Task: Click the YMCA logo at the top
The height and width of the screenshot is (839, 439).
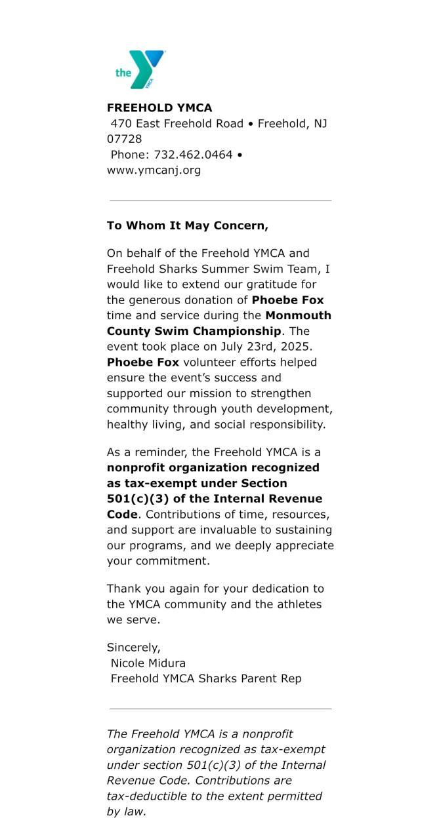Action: click(x=140, y=69)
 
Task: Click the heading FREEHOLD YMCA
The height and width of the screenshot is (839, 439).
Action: click(x=159, y=108)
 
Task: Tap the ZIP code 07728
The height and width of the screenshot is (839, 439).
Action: click(x=125, y=139)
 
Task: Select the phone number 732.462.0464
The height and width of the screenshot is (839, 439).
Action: click(x=193, y=155)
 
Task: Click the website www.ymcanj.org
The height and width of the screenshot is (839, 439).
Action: click(x=154, y=170)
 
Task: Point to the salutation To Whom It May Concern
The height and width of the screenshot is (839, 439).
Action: click(x=188, y=226)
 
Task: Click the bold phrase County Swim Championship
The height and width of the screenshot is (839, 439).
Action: click(x=194, y=331)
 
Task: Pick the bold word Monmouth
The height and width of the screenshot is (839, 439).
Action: click(x=299, y=315)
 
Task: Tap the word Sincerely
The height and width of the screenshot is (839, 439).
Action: click(x=134, y=648)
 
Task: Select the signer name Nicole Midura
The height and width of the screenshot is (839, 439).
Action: click(x=148, y=663)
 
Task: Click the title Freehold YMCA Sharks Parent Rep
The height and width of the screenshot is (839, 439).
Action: click(x=206, y=679)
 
